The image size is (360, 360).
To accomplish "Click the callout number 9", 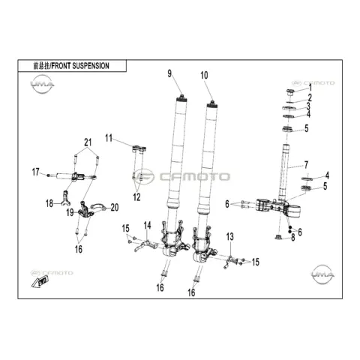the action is [x=169, y=73].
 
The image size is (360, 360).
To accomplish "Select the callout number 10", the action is [x=204, y=75].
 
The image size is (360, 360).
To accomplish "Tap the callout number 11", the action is [x=109, y=138].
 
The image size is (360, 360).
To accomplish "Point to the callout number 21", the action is [x=88, y=142].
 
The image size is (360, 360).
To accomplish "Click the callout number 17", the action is [x=36, y=172].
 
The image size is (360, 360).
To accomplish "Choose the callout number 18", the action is [x=49, y=203].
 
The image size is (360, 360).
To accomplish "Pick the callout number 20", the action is [x=115, y=207].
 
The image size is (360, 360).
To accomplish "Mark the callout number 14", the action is [x=148, y=226].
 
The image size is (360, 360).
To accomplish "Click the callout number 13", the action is [x=230, y=237].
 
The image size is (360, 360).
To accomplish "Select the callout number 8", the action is [x=293, y=238].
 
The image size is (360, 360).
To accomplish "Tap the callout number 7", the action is [x=306, y=165].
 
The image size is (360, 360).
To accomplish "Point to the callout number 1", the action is [x=310, y=88].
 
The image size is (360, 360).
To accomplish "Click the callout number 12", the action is [x=136, y=197].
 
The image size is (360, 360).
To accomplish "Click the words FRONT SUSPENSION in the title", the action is [x=80, y=66].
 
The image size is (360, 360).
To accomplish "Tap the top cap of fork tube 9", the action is [x=181, y=97].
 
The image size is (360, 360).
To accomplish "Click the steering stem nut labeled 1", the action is [x=290, y=92].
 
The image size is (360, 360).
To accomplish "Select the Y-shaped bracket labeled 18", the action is [x=66, y=198].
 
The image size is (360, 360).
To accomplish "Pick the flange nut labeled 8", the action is [x=278, y=237].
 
